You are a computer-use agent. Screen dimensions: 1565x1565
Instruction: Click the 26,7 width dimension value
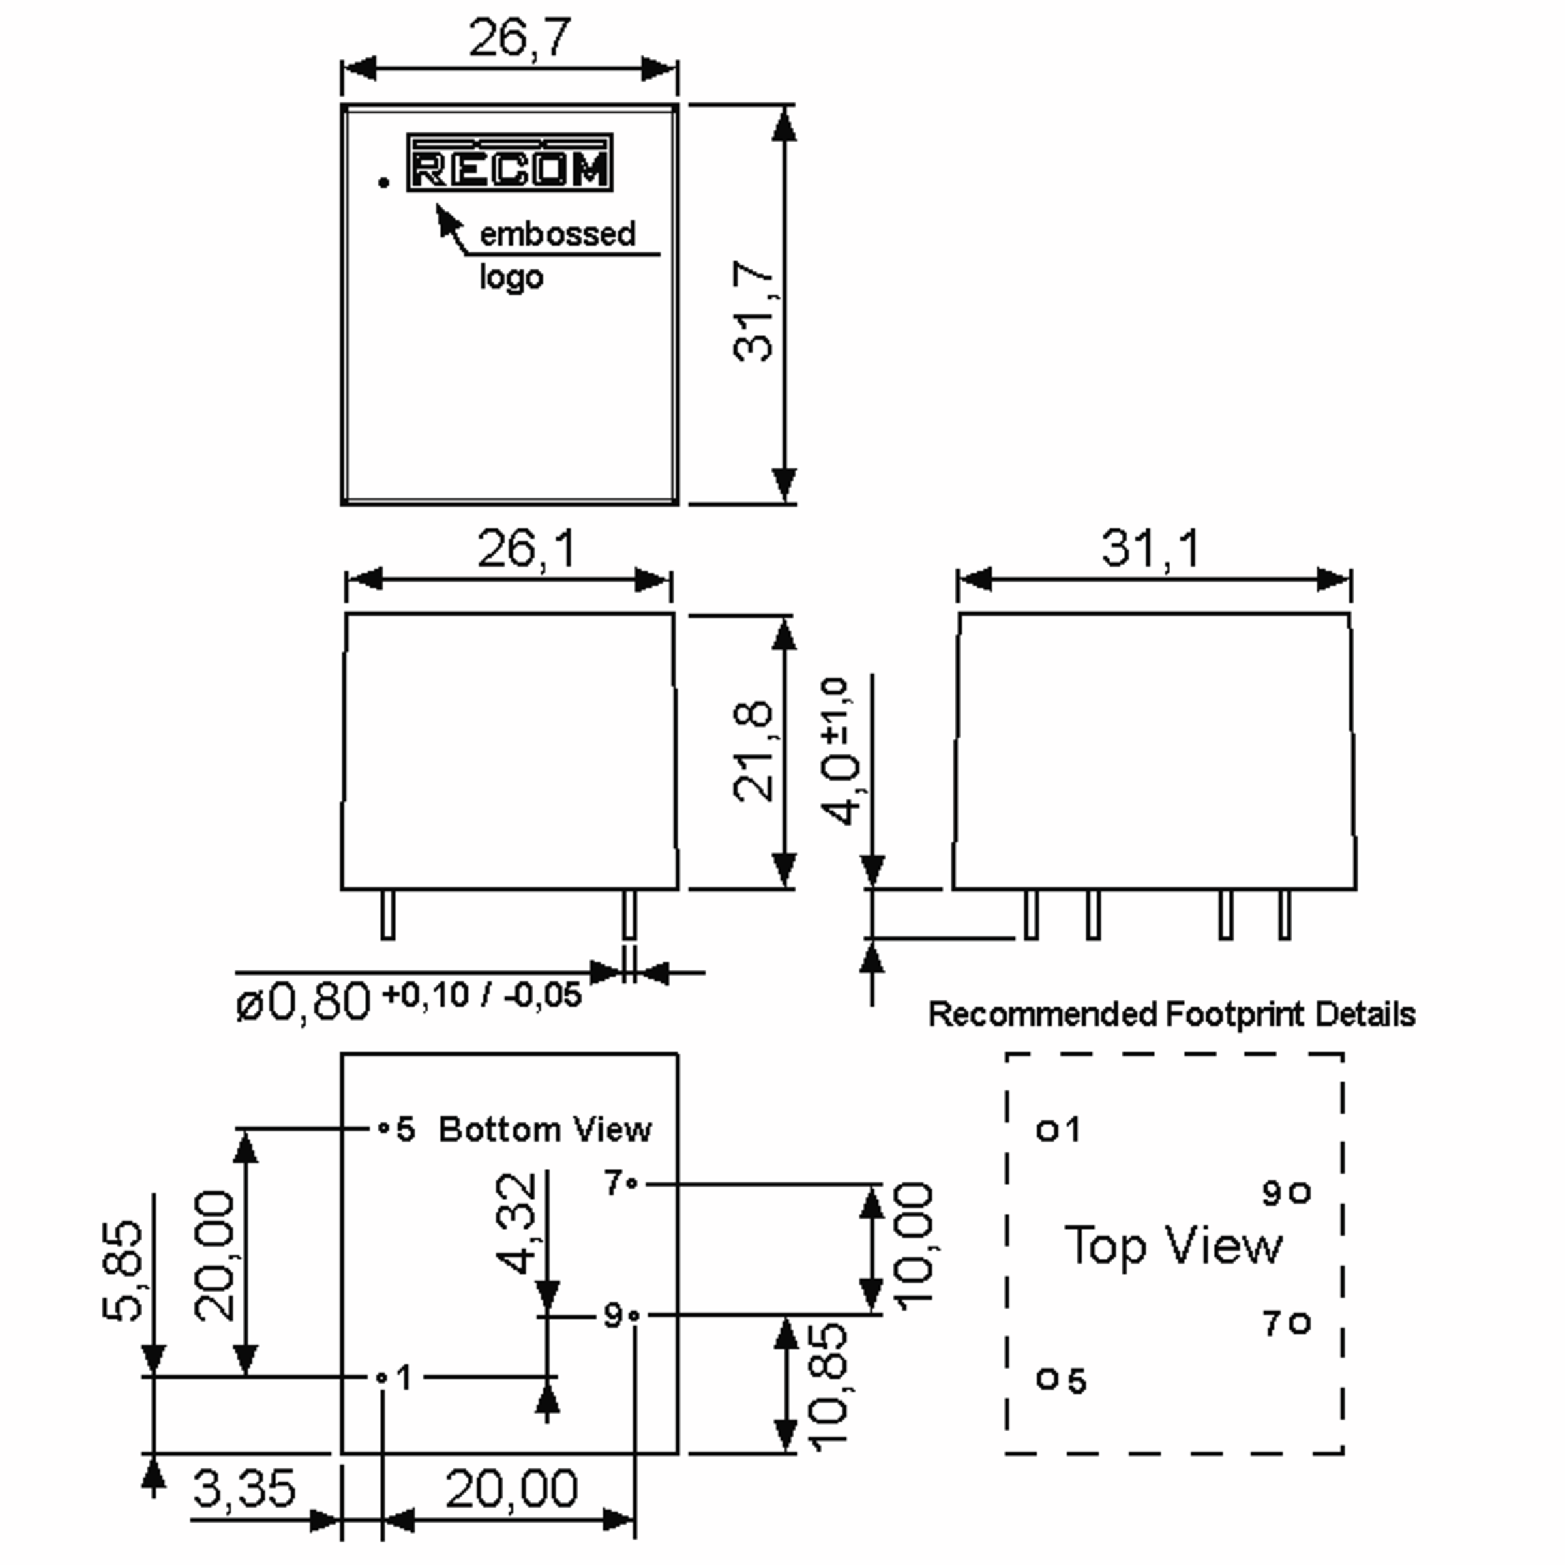[x=519, y=38]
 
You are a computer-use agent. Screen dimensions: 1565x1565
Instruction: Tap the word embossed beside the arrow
[x=558, y=234]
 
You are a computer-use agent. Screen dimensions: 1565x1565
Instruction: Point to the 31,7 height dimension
[x=753, y=311]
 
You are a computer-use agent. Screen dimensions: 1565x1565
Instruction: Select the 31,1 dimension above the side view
[x=1150, y=549]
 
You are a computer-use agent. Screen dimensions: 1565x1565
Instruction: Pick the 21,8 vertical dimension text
[x=753, y=751]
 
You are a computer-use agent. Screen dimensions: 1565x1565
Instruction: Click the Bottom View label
[x=544, y=1129]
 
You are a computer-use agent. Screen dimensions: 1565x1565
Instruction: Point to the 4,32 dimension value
[x=516, y=1223]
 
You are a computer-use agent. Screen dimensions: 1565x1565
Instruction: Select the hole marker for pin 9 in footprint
[x=1300, y=1193]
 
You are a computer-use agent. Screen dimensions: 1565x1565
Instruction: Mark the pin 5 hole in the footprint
[x=1047, y=1378]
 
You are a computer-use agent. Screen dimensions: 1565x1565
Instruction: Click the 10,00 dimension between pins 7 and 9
[x=914, y=1247]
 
